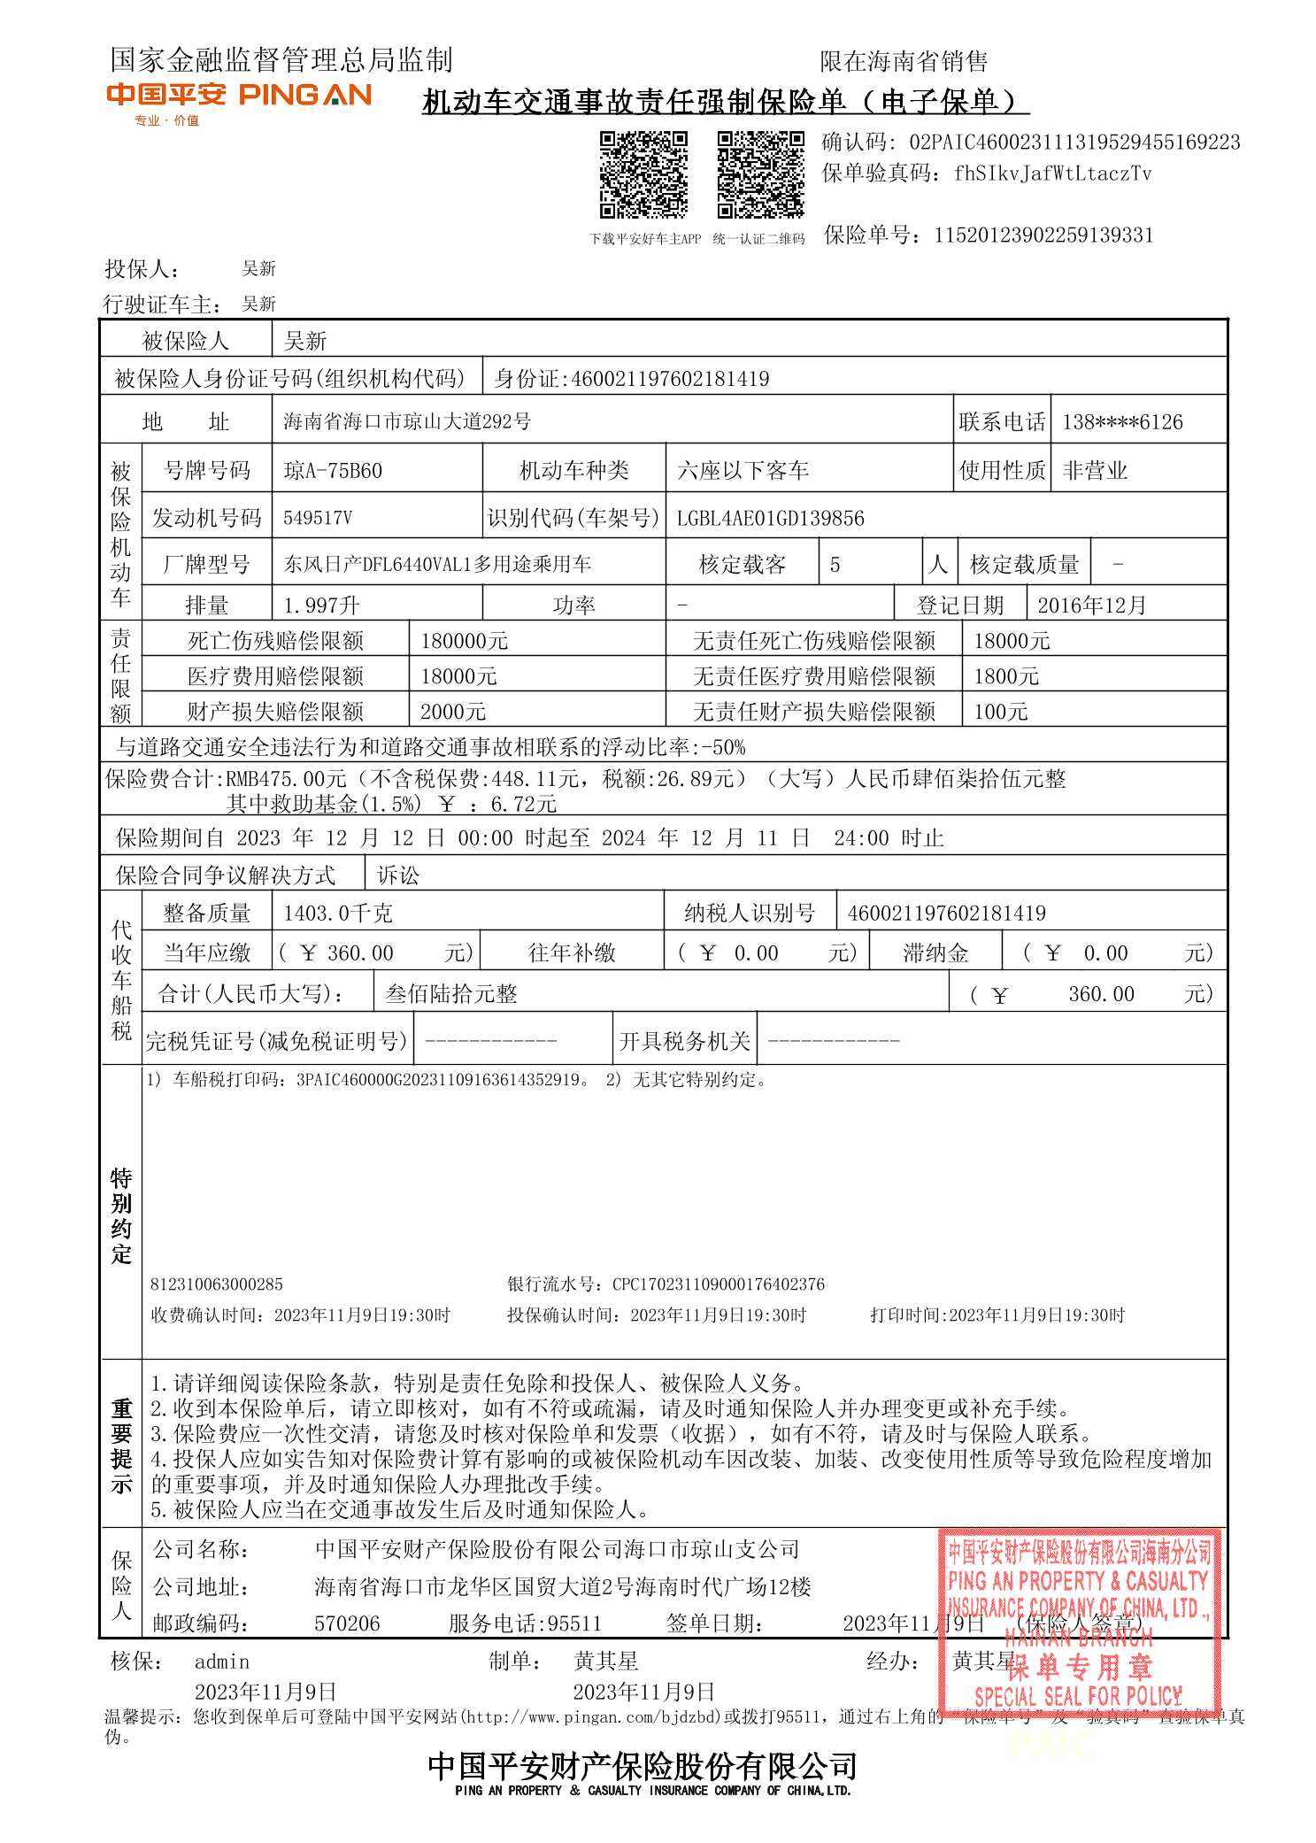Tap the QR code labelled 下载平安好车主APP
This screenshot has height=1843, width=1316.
coord(643,174)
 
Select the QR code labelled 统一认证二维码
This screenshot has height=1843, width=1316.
coord(760,174)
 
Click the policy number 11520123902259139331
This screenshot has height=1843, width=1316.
coord(1043,235)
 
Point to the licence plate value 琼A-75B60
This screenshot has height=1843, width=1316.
coord(333,470)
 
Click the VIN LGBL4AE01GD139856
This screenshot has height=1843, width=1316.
coord(770,519)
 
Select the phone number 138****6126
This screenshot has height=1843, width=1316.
coord(1122,422)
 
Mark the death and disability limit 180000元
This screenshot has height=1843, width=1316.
coord(464,641)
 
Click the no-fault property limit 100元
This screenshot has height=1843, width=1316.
coord(1001,712)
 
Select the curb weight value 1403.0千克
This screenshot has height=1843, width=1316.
coord(338,913)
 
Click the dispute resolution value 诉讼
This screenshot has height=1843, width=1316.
coord(398,875)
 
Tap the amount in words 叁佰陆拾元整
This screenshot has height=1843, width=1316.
coord(451,994)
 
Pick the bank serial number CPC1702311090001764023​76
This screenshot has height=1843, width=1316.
coord(718,1284)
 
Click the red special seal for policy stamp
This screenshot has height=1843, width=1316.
coord(1079,1622)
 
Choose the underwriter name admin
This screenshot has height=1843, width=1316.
coord(222,1662)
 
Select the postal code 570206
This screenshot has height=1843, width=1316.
coord(347,1623)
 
